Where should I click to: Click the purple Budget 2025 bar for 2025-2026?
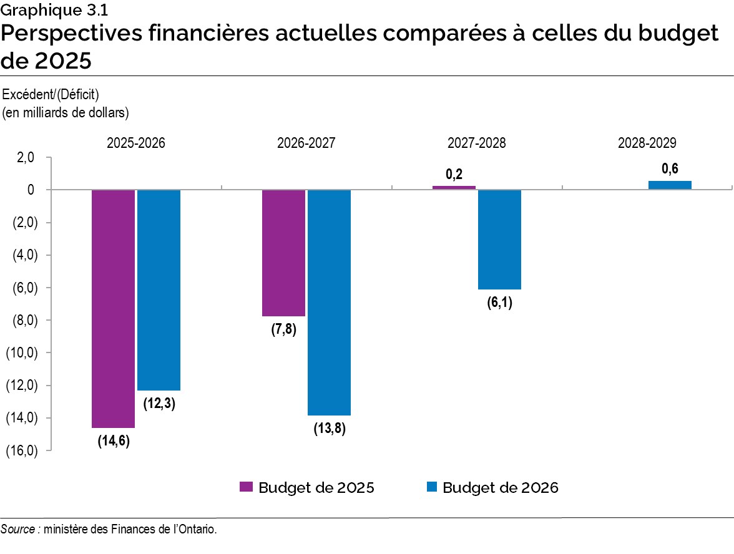click(113, 308)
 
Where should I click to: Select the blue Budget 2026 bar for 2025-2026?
click(159, 289)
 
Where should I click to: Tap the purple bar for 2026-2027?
click(283, 253)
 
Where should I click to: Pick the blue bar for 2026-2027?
click(329, 302)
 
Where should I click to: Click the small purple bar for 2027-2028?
click(454, 187)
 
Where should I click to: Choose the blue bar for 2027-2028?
click(499, 239)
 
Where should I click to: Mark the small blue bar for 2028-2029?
click(670, 185)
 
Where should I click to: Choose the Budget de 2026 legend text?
click(500, 487)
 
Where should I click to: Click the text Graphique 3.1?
click(49, 9)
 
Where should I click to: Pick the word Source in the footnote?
click(17, 529)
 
